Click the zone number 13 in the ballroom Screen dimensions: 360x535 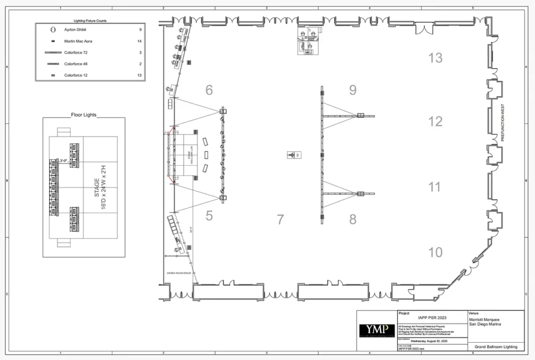[435, 58]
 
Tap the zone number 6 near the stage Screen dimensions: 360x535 [209, 90]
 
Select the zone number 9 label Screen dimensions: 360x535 [353, 90]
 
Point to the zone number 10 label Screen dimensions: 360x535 [435, 252]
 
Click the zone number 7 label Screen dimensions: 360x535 [281, 219]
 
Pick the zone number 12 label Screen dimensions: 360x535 [435, 122]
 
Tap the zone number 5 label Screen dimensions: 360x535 [209, 215]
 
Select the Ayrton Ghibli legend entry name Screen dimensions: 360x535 [75, 30]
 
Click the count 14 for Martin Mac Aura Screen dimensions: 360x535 [139, 41]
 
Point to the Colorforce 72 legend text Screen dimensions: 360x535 [76, 53]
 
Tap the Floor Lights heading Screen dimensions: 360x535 [84, 114]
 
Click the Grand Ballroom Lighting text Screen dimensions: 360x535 [496, 346]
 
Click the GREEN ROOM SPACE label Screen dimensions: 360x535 [179, 273]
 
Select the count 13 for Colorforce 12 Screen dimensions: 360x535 [139, 75]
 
